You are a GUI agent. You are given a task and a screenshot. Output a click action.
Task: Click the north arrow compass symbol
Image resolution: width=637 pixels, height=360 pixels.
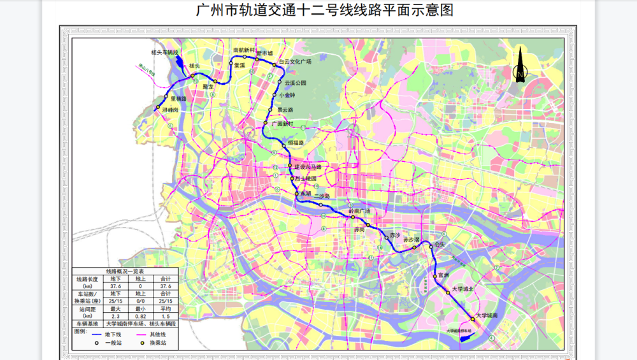click(x=520, y=66)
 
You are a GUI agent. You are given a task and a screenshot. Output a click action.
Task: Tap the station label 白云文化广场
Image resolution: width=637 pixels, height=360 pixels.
click(x=295, y=62)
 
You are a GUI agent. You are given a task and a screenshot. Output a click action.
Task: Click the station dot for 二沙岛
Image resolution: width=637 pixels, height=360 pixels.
click(x=321, y=205)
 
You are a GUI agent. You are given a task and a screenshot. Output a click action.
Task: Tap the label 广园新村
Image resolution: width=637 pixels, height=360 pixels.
click(x=282, y=124)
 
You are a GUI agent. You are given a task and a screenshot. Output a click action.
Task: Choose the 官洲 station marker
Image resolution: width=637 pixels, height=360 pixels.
click(x=434, y=276)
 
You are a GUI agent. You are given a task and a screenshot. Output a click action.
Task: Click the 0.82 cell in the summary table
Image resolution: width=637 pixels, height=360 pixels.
click(x=141, y=315)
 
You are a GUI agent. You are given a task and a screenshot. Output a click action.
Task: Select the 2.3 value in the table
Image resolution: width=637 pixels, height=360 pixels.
click(x=115, y=315)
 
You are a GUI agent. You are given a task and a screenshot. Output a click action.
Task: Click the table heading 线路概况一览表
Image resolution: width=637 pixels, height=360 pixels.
click(x=125, y=271)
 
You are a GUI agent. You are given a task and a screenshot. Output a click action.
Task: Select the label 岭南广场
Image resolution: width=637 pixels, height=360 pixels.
click(x=359, y=211)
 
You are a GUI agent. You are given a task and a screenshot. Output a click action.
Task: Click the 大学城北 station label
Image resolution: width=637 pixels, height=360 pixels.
click(x=464, y=289)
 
